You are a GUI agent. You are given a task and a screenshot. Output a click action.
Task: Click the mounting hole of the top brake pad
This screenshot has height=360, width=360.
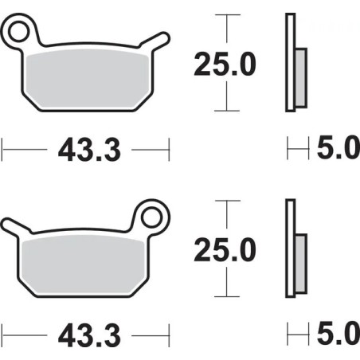(22, 33)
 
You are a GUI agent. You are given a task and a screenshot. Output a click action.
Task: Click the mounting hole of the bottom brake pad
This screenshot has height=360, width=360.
(151, 215)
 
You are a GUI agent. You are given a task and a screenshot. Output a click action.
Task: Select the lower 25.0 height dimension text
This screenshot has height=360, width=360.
(225, 250)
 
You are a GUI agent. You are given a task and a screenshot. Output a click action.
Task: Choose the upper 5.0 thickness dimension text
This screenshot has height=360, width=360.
(339, 149)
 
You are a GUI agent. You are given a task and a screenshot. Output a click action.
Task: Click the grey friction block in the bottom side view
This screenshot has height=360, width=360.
(300, 264)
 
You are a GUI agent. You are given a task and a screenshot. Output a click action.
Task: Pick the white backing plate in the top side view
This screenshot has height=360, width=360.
(289, 64)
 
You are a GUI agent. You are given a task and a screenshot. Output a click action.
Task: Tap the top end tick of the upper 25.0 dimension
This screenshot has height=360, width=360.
(229, 14)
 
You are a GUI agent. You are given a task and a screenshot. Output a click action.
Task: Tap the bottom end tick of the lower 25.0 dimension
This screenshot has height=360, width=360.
(229, 294)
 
